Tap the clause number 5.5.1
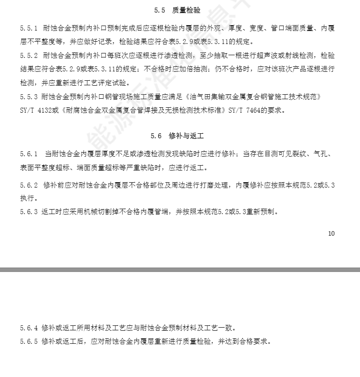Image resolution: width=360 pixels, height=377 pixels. point(29,28)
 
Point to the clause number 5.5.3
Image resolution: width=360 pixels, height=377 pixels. point(29,96)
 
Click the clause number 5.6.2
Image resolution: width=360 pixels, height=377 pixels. point(29,185)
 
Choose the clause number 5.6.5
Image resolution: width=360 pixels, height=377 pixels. point(29,342)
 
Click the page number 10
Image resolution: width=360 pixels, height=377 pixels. point(331,233)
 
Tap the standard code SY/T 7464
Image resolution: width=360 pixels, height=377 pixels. point(244,110)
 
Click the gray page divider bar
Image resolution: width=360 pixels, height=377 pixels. point(180,270)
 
